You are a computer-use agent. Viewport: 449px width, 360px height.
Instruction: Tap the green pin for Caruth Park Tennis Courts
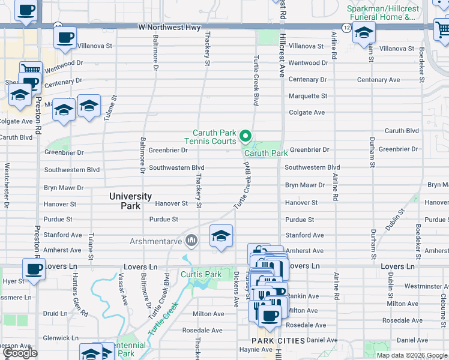[x=246, y=137]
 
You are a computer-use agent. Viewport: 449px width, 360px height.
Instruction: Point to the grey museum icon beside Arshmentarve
[x=191, y=241]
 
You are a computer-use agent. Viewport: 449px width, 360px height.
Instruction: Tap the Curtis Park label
[x=201, y=275]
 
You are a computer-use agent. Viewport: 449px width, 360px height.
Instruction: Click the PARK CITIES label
[x=273, y=341]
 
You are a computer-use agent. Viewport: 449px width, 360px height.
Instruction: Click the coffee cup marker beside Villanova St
[x=65, y=38]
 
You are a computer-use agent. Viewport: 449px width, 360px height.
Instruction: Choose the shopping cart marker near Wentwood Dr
[x=30, y=70]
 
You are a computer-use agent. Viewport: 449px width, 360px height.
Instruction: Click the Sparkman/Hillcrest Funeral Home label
[x=381, y=13]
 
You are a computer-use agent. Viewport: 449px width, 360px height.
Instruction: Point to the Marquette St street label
[x=308, y=96]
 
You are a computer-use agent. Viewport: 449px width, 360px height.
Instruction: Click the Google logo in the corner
[x=20, y=353]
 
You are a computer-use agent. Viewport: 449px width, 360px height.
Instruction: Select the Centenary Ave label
[x=378, y=80]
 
